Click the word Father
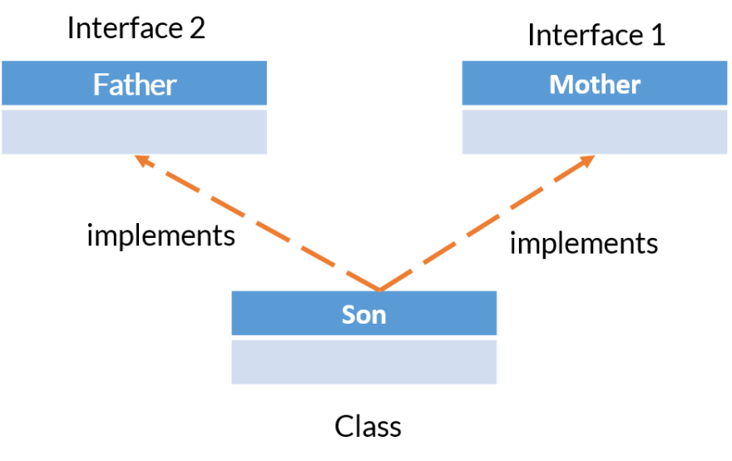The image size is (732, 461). (x=135, y=84)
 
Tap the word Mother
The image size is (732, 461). (x=595, y=84)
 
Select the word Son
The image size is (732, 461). (x=364, y=315)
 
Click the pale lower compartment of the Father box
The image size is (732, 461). (x=135, y=131)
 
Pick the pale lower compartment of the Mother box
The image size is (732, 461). (x=595, y=131)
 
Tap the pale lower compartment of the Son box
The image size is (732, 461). (x=364, y=361)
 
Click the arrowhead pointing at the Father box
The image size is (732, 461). (x=143, y=160)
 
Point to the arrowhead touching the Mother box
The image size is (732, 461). (x=587, y=160)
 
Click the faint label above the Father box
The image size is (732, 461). (x=139, y=31)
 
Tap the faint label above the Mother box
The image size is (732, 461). (x=601, y=35)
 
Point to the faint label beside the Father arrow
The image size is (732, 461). (x=164, y=237)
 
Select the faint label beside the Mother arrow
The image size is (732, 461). (x=583, y=242)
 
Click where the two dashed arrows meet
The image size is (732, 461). (x=379, y=289)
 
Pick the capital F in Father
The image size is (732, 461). (x=101, y=84)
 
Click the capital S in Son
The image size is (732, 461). (x=349, y=315)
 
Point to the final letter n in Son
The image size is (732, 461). (x=379, y=316)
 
